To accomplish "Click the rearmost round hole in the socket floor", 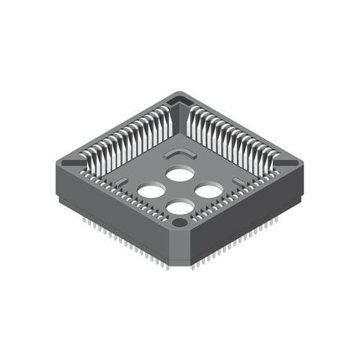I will (x=179, y=174).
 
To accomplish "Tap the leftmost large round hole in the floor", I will (x=150, y=191).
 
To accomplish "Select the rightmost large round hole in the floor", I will (x=209, y=191).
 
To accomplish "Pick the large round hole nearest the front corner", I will (x=179, y=208).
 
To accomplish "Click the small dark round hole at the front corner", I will (x=179, y=223).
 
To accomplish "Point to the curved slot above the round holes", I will (x=180, y=154).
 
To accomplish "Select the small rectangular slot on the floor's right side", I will (x=238, y=181).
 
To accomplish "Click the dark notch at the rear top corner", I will (x=179, y=99).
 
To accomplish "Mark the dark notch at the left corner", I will (x=70, y=163).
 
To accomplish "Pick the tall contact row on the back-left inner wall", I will (x=130, y=137).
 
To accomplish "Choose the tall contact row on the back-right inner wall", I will (x=230, y=137).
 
